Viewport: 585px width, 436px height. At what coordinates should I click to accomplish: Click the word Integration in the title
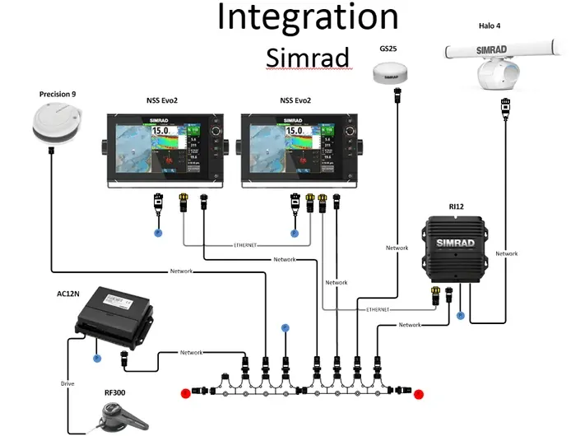(308, 18)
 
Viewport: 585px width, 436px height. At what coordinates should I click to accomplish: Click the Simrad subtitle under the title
(308, 58)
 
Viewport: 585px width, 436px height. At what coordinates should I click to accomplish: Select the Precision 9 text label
(58, 95)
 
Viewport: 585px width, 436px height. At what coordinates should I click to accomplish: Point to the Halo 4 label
(490, 26)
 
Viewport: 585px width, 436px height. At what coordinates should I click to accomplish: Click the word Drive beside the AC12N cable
(67, 383)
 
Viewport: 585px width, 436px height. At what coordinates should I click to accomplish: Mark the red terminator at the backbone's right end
(419, 394)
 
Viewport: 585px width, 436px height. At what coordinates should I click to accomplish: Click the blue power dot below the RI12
(461, 315)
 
